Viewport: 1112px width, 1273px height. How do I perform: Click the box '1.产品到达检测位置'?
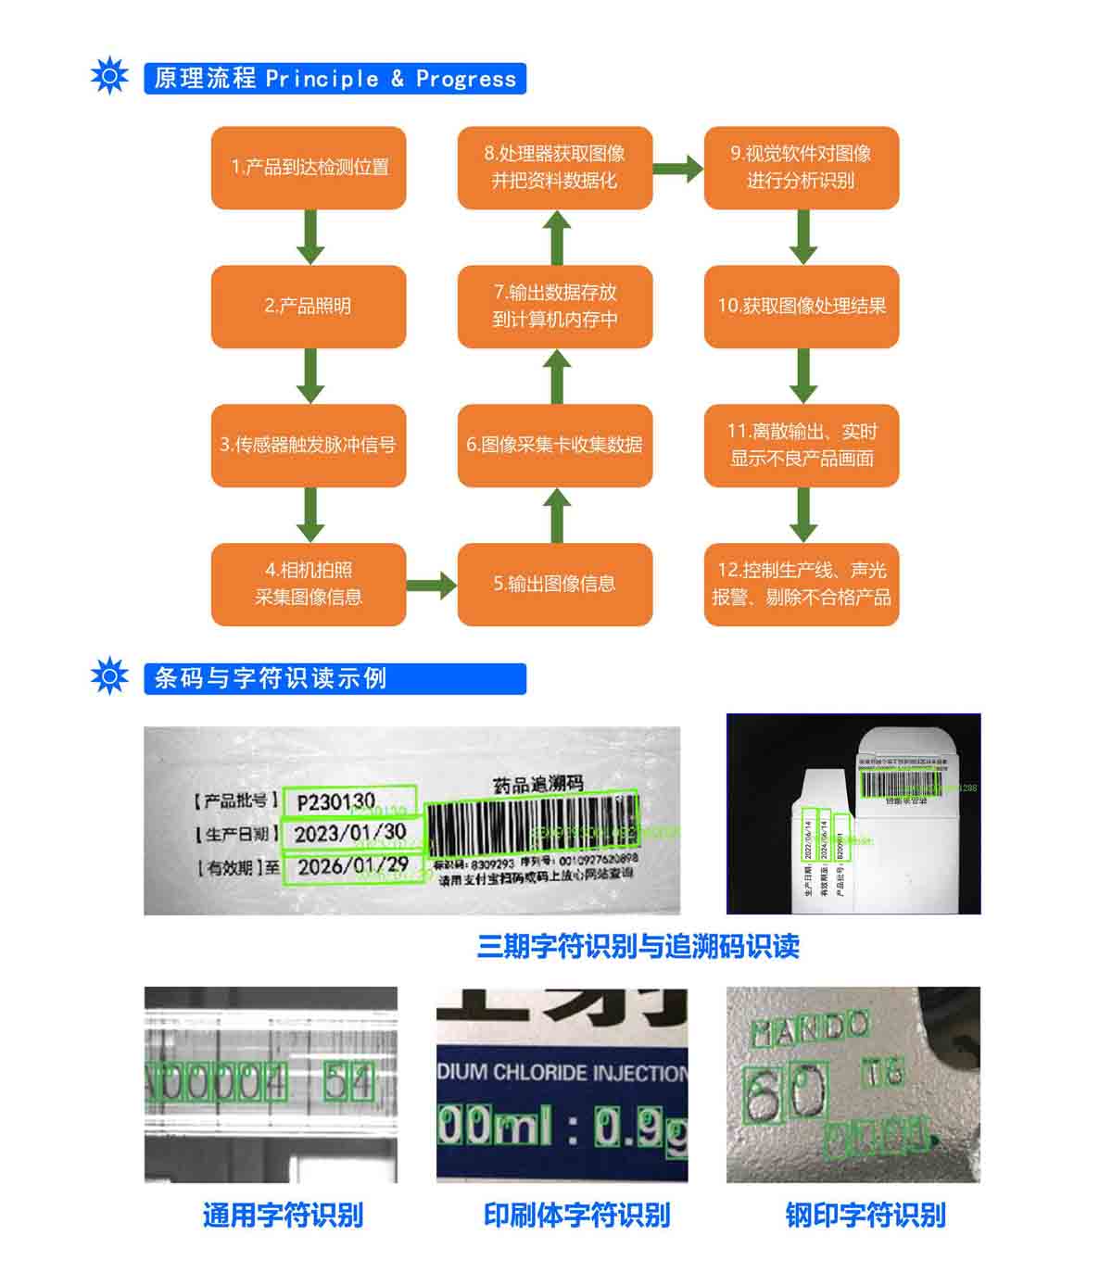[x=309, y=168]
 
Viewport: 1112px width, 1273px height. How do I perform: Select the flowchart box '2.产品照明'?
[x=309, y=307]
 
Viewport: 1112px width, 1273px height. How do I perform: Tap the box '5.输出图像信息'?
[x=554, y=585]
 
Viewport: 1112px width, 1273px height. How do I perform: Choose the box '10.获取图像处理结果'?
[x=802, y=307]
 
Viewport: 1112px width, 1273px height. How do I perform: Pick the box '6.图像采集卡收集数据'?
[x=554, y=446]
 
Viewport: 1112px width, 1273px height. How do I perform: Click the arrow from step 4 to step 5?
[x=431, y=585]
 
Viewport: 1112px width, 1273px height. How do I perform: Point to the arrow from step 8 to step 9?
[x=678, y=169]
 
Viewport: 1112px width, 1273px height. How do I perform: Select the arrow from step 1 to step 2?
[x=310, y=237]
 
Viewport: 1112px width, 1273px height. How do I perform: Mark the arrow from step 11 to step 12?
[x=802, y=515]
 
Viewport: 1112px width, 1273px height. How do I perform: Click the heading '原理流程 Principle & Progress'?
[x=335, y=79]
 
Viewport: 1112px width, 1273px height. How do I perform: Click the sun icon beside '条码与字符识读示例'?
[x=109, y=676]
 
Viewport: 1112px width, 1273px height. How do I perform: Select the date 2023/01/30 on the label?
[x=350, y=833]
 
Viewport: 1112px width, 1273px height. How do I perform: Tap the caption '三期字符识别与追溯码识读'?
[x=638, y=947]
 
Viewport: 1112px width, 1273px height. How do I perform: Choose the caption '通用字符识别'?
[x=283, y=1215]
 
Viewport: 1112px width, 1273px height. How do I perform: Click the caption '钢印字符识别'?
[x=865, y=1215]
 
